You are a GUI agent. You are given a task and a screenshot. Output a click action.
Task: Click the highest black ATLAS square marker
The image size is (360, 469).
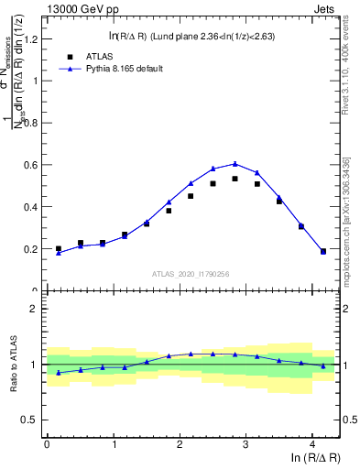(x=235, y=179)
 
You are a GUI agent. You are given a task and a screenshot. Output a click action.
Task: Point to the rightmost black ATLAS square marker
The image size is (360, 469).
(x=323, y=251)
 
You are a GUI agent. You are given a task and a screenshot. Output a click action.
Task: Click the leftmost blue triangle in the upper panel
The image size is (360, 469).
(x=59, y=253)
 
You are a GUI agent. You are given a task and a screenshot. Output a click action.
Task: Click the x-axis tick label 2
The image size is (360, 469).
(x=180, y=443)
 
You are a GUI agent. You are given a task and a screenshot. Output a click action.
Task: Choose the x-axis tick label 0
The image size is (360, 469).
(x=47, y=443)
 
